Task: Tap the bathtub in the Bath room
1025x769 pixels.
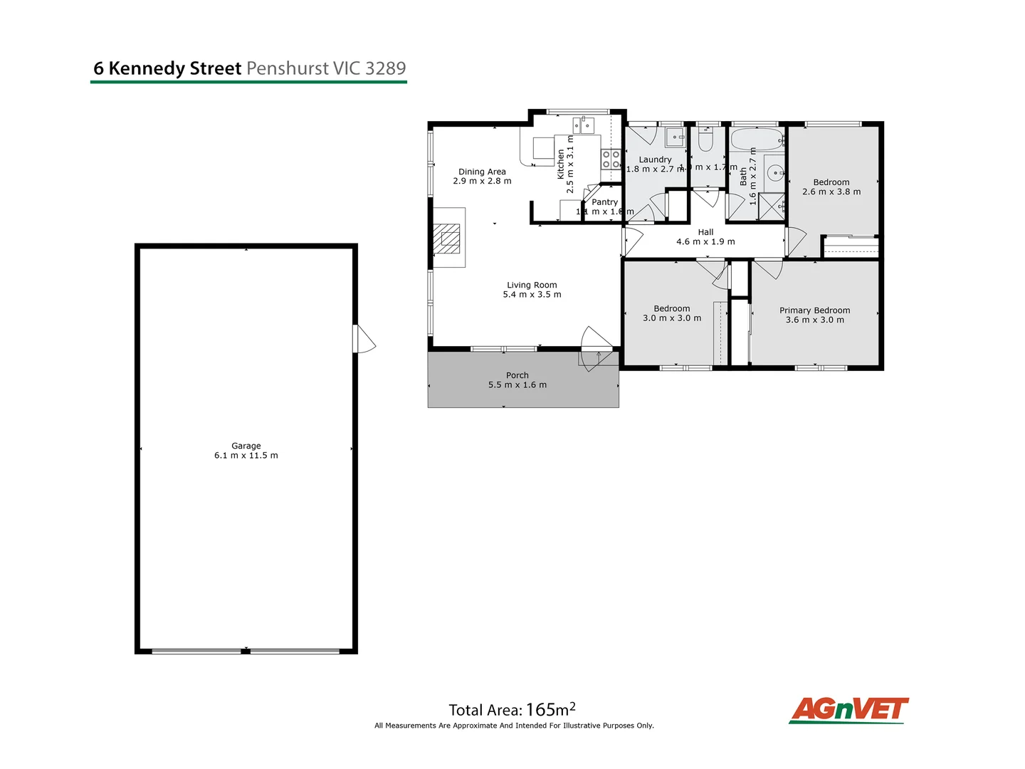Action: click(x=757, y=139)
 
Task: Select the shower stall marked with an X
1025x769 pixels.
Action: click(x=771, y=206)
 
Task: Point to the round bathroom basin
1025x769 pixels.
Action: click(x=774, y=172)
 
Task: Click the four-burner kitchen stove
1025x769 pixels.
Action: click(x=611, y=159)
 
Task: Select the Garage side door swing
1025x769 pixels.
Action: click(x=364, y=339)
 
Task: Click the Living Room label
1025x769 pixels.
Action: click(x=532, y=285)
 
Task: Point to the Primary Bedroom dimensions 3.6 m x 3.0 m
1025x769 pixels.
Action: click(x=814, y=320)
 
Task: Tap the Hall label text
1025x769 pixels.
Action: click(x=705, y=232)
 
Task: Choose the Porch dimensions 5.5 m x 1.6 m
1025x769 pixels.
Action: click(x=517, y=385)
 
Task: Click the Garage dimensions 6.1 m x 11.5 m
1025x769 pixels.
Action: click(x=246, y=456)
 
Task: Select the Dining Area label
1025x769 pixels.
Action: click(x=482, y=172)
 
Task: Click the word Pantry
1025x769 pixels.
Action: click(x=604, y=202)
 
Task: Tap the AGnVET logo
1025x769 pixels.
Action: click(x=848, y=710)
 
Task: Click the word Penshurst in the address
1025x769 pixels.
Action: click(x=288, y=68)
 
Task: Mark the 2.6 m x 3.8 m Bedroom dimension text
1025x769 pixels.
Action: click(x=831, y=192)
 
